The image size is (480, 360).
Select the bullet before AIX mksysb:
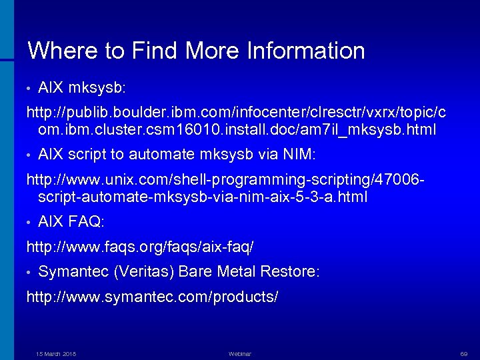pyautogui.click(x=29, y=87)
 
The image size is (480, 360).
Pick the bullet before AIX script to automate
pyautogui.click(x=29, y=155)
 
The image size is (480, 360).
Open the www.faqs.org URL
pyautogui.click(x=139, y=247)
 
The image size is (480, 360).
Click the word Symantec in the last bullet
pyautogui.click(x=73, y=273)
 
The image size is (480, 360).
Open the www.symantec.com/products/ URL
pyautogui.click(x=152, y=296)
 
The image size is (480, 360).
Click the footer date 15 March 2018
pyautogui.click(x=56, y=353)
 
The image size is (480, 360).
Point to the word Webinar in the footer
pyautogui.click(x=239, y=353)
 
